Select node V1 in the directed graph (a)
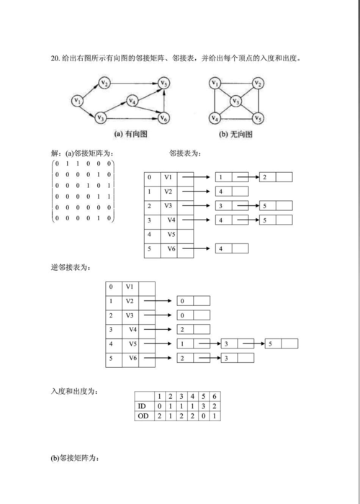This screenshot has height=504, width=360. click(77, 100)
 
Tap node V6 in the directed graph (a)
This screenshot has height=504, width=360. click(164, 118)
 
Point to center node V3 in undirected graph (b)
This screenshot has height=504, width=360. click(235, 101)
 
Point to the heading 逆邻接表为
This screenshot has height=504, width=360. click(71, 268)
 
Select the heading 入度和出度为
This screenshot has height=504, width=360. click(74, 392)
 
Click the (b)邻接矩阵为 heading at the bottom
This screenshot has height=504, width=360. click(74, 459)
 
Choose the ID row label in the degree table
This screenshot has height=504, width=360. click(142, 406)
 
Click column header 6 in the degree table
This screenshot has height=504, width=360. click(215, 396)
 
